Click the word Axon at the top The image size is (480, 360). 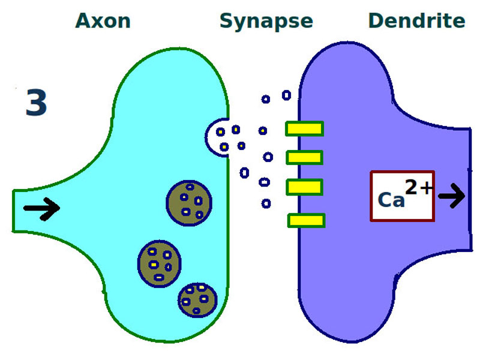tap(103, 22)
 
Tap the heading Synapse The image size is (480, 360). tap(266, 22)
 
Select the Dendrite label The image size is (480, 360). tap(416, 22)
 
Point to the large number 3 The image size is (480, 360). tap(36, 103)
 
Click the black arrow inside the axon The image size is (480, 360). tap(41, 209)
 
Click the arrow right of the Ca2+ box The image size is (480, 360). tap(451, 196)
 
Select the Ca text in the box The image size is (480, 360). tap(391, 200)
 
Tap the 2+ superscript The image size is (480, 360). tap(418, 188)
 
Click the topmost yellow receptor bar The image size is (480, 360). tap(304, 128)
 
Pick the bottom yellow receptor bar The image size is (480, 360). tap(306, 221)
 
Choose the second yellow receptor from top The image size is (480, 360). tap(305, 158)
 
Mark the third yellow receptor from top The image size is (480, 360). tap(305, 187)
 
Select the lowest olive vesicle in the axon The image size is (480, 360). tap(197, 299)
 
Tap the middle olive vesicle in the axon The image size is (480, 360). tap(159, 263)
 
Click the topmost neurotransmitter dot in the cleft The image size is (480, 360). tap(286, 95)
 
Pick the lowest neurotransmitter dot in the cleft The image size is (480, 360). tap(266, 204)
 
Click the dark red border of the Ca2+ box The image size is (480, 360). tap(372, 196)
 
